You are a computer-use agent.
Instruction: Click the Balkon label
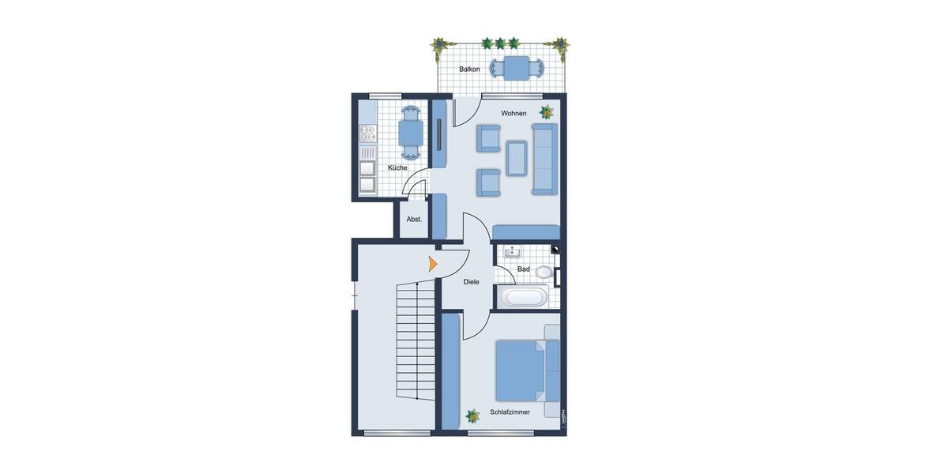[469, 70]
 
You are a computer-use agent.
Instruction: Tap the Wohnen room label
[513, 114]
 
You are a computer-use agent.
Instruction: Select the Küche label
[397, 167]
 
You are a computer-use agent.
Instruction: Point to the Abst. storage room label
[414, 220]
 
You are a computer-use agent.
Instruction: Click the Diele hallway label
[472, 282]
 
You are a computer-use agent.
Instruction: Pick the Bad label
[523, 269]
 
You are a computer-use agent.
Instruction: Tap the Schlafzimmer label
[510, 412]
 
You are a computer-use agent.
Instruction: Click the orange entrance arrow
[432, 264]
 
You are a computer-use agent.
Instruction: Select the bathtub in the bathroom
[523, 298]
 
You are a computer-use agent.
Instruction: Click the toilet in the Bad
[544, 272]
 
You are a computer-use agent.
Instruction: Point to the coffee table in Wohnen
[517, 157]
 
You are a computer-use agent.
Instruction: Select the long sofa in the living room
[545, 159]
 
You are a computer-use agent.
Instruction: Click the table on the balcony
[517, 69]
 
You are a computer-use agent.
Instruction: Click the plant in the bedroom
[473, 416]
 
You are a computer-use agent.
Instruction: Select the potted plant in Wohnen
[546, 111]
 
